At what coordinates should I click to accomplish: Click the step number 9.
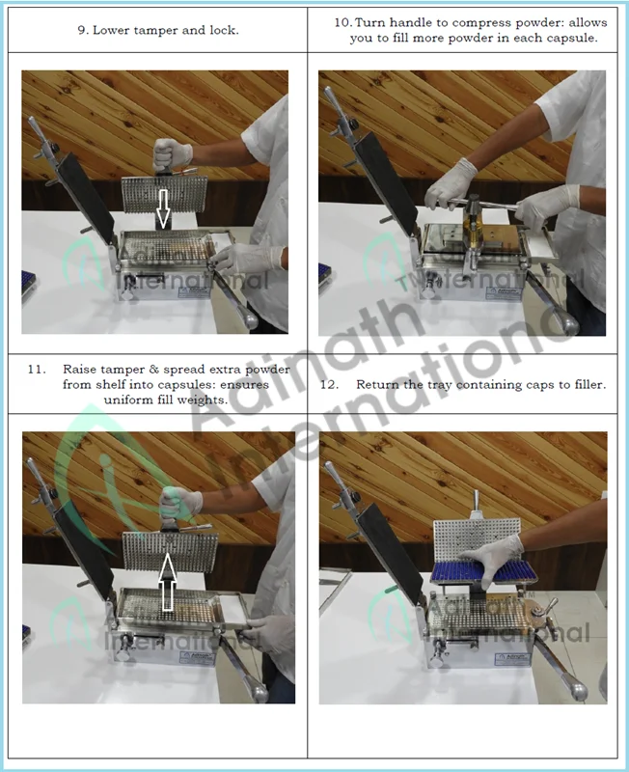click(83, 31)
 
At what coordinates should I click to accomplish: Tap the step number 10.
click(342, 22)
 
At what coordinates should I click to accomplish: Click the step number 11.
click(37, 370)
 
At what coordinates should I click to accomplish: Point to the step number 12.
click(329, 384)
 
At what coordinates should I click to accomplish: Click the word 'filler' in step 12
click(590, 384)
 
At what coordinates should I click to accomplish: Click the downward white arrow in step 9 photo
click(163, 207)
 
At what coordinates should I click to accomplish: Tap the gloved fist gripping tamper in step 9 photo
click(171, 153)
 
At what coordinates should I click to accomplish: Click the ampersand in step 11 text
click(154, 370)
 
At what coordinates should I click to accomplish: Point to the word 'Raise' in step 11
click(79, 370)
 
